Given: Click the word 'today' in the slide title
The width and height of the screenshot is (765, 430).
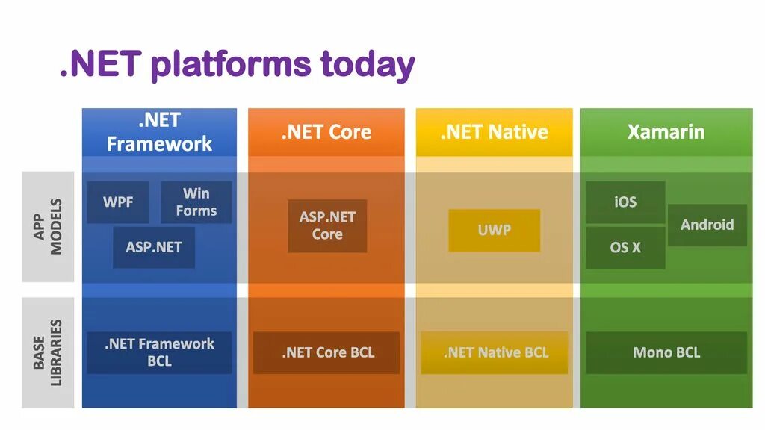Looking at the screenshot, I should click(x=368, y=65).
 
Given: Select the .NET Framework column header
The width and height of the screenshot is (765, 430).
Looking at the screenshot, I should click(x=159, y=132).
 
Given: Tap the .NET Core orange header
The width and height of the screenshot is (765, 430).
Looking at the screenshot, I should click(x=326, y=132).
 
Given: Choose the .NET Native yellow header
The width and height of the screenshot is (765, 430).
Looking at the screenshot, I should click(x=495, y=132).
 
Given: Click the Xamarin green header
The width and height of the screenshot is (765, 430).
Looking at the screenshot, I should click(x=666, y=132).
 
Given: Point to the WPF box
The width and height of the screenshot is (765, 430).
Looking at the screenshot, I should click(x=118, y=202).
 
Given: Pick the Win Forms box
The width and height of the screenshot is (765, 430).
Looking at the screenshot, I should click(x=196, y=202).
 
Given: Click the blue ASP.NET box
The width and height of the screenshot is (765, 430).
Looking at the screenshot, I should click(x=154, y=247).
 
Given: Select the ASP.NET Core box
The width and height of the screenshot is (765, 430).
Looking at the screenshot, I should click(x=327, y=225).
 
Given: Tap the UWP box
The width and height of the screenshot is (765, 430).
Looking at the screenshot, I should click(x=495, y=230).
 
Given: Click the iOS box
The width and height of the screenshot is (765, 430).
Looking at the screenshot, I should click(x=625, y=202).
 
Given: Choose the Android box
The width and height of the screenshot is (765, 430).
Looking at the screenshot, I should click(x=707, y=225).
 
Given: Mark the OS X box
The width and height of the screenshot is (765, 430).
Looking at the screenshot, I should click(x=625, y=247).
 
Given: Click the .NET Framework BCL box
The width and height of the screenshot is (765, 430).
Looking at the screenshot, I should click(x=159, y=352).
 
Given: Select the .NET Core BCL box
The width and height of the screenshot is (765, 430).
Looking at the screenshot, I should click(x=326, y=352).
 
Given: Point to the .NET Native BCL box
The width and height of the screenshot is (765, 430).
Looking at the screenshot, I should click(x=495, y=352).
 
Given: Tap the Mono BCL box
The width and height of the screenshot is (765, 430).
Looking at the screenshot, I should click(x=666, y=352).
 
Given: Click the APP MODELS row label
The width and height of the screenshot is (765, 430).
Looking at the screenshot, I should click(x=48, y=227).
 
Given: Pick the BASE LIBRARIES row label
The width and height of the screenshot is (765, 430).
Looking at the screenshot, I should click(x=48, y=353).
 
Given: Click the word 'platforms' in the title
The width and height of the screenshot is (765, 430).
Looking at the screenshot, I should click(x=230, y=65).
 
